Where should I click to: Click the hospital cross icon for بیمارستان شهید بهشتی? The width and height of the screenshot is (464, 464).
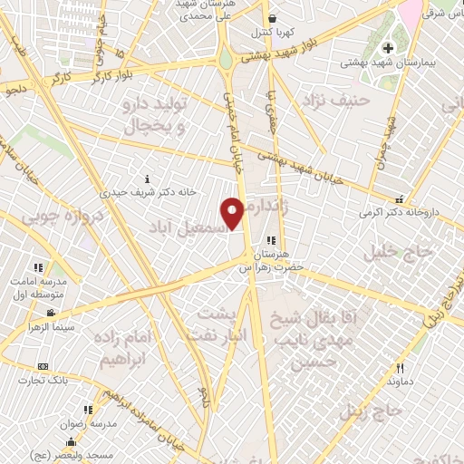(389, 48)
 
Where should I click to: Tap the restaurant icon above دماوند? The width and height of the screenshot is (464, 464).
(400, 368)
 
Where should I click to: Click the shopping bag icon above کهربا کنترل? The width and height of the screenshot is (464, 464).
(271, 18)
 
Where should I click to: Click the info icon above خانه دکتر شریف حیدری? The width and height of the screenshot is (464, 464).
(148, 178)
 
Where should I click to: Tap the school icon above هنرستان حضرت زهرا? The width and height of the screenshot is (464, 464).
(271, 241)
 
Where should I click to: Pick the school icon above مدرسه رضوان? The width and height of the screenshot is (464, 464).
(87, 410)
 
